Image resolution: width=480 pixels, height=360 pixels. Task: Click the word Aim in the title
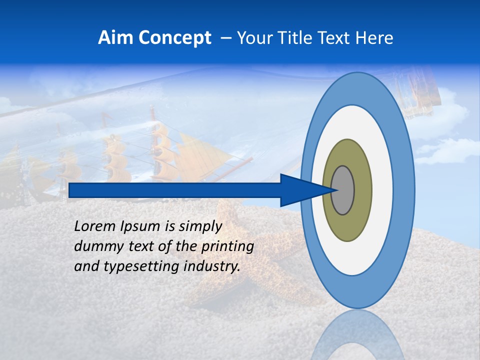(x=114, y=38)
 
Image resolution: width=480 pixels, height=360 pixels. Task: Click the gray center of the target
(x=343, y=190)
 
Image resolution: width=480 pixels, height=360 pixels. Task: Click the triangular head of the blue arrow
(x=300, y=190)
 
